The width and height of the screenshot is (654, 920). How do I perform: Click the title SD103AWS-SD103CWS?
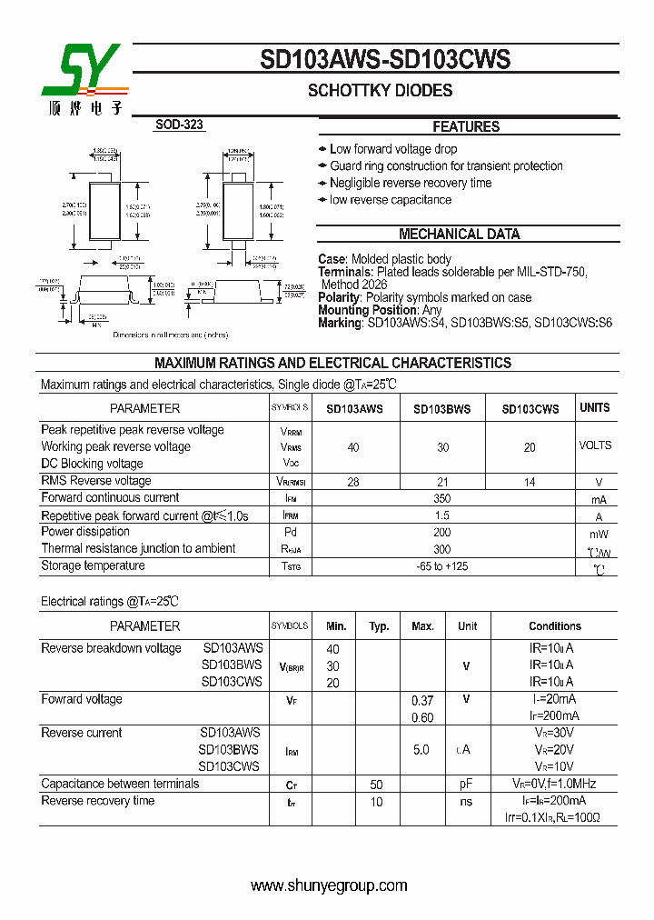(x=385, y=60)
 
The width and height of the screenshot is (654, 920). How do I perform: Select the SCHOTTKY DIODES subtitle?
(x=380, y=91)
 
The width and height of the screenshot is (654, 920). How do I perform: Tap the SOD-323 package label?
(x=179, y=125)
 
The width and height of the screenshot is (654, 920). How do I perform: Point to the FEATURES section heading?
(x=466, y=127)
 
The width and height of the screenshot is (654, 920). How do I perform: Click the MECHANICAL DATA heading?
(x=460, y=235)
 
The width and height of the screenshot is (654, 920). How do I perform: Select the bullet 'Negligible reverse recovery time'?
(x=411, y=183)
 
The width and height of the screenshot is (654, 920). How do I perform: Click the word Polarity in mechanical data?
(x=339, y=297)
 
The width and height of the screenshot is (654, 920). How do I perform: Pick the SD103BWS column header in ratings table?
(x=442, y=409)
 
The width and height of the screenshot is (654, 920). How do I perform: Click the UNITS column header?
(x=595, y=408)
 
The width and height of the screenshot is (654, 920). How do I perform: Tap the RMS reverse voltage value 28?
(x=353, y=482)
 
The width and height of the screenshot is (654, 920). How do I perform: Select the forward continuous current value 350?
(x=442, y=498)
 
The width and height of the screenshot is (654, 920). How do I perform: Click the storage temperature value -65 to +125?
(x=442, y=566)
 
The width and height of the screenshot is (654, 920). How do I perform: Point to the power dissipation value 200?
(x=442, y=533)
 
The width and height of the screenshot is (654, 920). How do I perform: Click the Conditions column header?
(x=555, y=626)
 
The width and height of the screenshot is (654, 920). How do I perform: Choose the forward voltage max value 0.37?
(x=422, y=700)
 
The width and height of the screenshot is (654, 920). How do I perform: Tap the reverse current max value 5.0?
(x=421, y=750)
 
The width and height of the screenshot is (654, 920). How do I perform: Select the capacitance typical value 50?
(x=377, y=785)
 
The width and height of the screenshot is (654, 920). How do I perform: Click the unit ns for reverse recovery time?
(x=467, y=802)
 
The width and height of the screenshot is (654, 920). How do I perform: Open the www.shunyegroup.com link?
(x=329, y=886)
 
